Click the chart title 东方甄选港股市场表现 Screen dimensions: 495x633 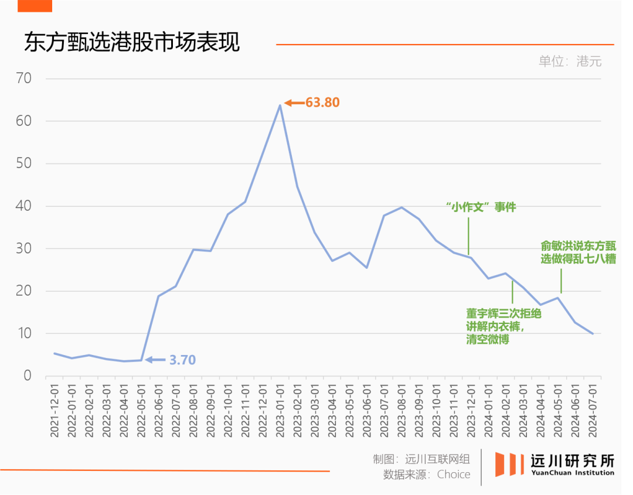(132, 43)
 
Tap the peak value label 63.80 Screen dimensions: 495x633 (322, 103)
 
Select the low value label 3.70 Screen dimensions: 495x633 (182, 360)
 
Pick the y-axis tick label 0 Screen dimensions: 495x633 (27, 375)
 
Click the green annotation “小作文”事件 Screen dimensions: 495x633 (481, 207)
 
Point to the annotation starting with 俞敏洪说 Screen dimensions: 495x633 (578, 252)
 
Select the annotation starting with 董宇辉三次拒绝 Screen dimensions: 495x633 (503, 326)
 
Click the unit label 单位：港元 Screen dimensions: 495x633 (570, 62)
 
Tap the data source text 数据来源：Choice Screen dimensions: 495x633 (427, 474)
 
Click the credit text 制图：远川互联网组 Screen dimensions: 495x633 (421, 459)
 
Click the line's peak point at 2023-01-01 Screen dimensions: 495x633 (280, 105)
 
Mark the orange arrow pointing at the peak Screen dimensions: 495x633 (294, 103)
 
